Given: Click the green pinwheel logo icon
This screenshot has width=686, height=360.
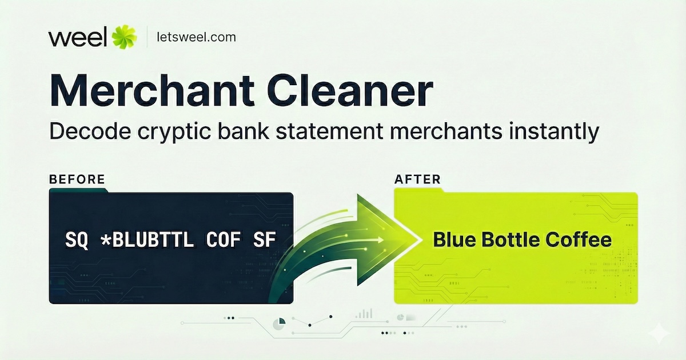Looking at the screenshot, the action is point(123,37).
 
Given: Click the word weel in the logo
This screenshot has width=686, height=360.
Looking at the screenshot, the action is point(78,37).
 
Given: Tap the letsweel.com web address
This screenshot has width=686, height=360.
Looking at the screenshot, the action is point(196,37).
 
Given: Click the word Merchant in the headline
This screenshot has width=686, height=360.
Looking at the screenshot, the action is point(152,90).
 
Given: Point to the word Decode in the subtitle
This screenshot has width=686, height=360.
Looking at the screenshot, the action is point(90,131).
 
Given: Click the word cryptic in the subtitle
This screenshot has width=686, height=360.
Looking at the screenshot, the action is point(174,132).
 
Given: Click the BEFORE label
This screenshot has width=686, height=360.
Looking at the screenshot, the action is point(77,179).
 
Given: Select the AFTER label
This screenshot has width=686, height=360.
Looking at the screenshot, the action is point(417,179).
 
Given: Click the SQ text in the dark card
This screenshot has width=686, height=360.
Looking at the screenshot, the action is point(77,240).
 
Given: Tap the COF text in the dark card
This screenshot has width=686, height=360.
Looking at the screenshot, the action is point(224,239).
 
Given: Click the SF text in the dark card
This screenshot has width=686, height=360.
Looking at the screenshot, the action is point(265,239).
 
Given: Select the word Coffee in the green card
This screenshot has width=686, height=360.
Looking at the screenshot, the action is point(579,239).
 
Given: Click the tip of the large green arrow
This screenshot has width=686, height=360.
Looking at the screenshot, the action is point(418,240).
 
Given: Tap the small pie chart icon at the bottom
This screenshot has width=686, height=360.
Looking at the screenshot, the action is point(279,324).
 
